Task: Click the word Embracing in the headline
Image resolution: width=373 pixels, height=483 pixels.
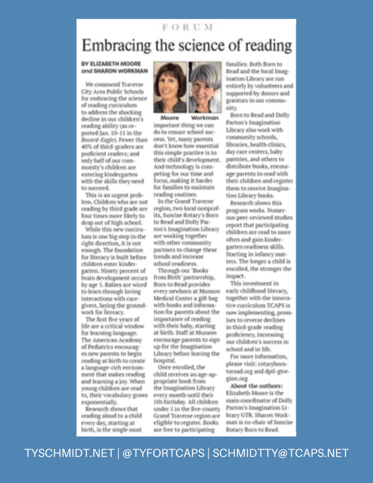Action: coord(116,46)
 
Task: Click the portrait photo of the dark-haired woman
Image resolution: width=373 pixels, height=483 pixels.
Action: coord(169,87)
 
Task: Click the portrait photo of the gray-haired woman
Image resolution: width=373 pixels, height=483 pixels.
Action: coord(205,87)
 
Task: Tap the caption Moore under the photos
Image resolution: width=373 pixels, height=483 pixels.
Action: coord(169,118)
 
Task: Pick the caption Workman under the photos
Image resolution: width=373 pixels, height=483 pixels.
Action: coord(205,118)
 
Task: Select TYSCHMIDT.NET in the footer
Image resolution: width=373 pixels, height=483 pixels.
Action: coord(69,453)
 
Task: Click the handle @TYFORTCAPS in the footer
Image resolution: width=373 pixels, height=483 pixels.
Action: coord(164,453)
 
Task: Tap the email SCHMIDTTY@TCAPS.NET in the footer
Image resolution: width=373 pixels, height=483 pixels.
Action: coord(280,453)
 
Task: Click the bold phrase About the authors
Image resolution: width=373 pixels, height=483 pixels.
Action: coord(256,386)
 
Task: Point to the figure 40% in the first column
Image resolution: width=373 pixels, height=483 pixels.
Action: coord(86,147)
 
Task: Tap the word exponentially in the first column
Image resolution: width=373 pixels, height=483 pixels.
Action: coord(99,402)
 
